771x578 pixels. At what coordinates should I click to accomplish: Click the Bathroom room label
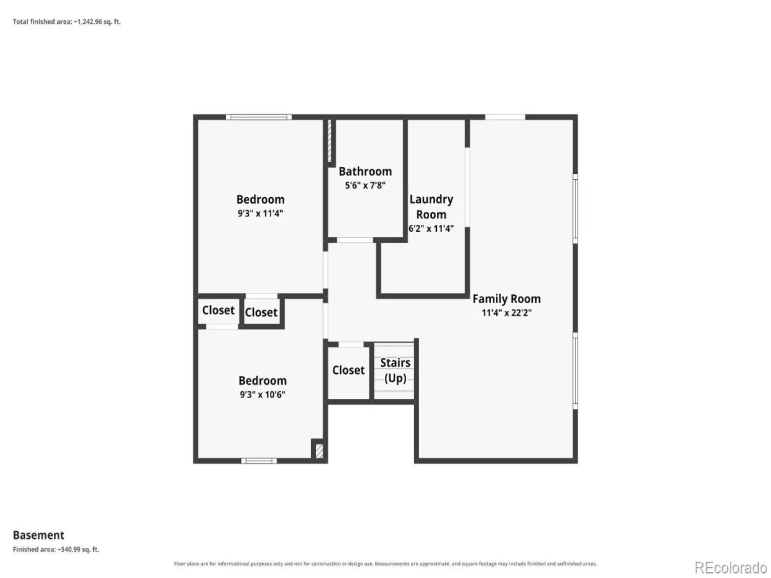tap(365, 171)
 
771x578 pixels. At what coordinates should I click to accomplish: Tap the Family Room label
tap(506, 299)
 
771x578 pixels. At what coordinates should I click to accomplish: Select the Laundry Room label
tap(431, 207)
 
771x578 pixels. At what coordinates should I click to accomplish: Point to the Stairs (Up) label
tap(395, 371)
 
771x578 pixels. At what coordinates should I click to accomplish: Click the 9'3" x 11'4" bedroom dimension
tap(260, 213)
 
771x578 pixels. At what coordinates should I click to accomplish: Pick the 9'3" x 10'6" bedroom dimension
tap(262, 394)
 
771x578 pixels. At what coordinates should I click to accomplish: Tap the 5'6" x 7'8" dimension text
tap(365, 186)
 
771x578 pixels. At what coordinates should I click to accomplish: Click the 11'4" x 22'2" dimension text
tap(506, 313)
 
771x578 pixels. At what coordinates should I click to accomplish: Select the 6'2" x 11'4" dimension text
tap(431, 229)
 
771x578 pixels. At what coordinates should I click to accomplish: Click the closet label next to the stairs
tap(348, 371)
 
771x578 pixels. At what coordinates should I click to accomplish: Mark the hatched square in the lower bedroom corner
tap(319, 451)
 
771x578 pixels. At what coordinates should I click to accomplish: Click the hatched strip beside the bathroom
tap(330, 141)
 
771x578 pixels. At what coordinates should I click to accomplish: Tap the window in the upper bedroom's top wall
tap(259, 118)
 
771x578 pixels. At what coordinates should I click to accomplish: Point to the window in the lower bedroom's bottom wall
tap(259, 460)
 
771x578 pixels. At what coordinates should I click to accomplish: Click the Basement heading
tap(39, 535)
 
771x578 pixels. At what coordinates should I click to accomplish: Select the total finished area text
tap(67, 22)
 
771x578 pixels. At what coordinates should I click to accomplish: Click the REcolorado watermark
tap(731, 568)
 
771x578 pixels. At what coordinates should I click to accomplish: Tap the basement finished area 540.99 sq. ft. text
tap(56, 550)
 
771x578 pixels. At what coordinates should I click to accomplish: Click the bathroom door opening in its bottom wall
tap(355, 240)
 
